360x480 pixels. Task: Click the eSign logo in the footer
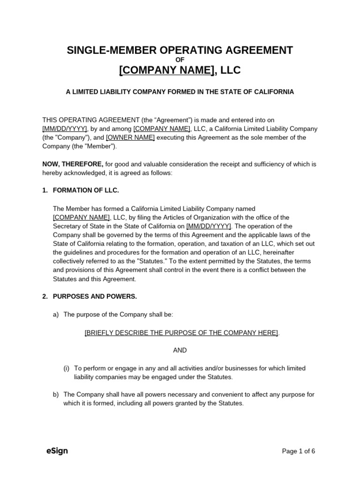(x=57, y=451)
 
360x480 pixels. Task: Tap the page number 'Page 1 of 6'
(x=298, y=451)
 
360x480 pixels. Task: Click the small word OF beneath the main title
(x=180, y=60)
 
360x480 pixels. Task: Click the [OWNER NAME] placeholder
(x=130, y=137)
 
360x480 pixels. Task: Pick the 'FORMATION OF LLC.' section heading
(x=86, y=190)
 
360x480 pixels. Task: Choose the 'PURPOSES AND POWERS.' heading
(x=95, y=297)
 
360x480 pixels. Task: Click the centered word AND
(x=180, y=350)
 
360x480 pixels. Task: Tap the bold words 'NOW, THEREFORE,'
(x=73, y=164)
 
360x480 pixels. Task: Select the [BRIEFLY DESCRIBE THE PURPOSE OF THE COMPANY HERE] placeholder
(x=181, y=332)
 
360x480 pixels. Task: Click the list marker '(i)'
(x=67, y=368)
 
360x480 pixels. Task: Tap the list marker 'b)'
(x=56, y=395)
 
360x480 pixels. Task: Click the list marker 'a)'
(x=56, y=315)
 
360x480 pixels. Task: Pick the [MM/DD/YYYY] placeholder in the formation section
(x=208, y=226)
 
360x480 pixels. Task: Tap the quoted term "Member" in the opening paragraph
(x=102, y=146)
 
